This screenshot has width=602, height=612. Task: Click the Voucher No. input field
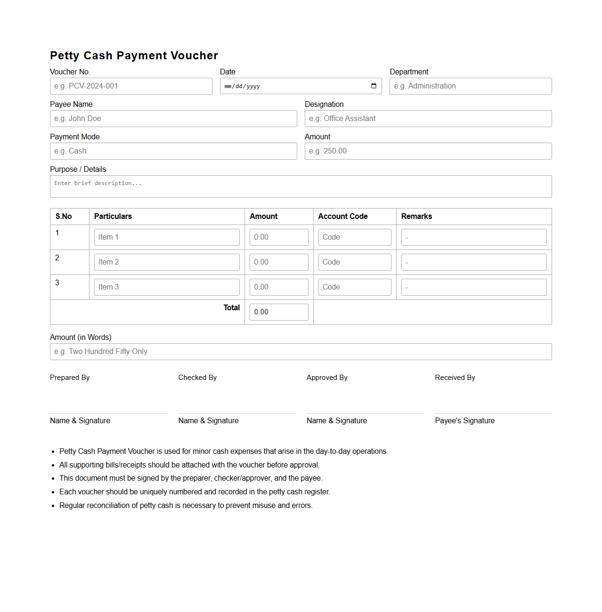pyautogui.click(x=131, y=86)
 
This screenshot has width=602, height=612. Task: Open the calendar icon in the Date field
pyautogui.click(x=374, y=86)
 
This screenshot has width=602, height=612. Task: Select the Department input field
pyautogui.click(x=470, y=86)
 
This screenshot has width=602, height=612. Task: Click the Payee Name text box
pyautogui.click(x=173, y=119)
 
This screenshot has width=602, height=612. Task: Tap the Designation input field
pyautogui.click(x=428, y=119)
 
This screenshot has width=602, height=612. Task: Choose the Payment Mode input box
pyautogui.click(x=173, y=151)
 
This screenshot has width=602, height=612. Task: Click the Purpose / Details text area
pyautogui.click(x=301, y=186)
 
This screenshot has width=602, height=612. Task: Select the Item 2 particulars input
pyautogui.click(x=167, y=262)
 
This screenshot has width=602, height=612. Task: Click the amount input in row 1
pyautogui.click(x=279, y=237)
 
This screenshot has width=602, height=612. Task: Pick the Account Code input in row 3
pyautogui.click(x=354, y=287)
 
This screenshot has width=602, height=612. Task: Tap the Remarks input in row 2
pyautogui.click(x=473, y=262)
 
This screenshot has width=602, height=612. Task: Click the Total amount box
pyautogui.click(x=279, y=312)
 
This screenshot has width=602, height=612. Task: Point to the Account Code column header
pyautogui.click(x=342, y=217)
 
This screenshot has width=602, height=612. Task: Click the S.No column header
pyautogui.click(x=64, y=217)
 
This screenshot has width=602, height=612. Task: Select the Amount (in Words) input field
pyautogui.click(x=301, y=352)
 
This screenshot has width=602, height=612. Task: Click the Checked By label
pyautogui.click(x=197, y=378)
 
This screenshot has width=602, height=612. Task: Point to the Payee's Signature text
pyautogui.click(x=464, y=421)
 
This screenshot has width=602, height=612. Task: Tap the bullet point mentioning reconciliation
pyautogui.click(x=186, y=506)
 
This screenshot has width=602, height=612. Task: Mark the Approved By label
pyautogui.click(x=327, y=378)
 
